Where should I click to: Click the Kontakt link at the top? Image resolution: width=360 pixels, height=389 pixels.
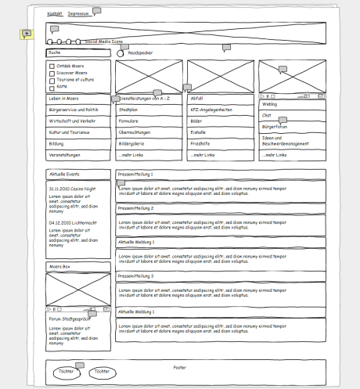tap(55, 14)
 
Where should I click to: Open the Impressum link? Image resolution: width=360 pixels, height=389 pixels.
tap(77, 14)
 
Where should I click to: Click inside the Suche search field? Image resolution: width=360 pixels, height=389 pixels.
tap(77, 52)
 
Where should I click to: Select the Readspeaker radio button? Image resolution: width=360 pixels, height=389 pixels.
tap(121, 53)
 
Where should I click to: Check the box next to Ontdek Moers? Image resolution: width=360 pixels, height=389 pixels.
tap(52, 67)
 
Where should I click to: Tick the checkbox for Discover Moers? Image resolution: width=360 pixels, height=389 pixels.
tap(52, 73)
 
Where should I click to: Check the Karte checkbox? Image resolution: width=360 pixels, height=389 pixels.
tap(52, 85)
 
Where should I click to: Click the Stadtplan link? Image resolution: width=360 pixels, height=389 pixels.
tap(128, 110)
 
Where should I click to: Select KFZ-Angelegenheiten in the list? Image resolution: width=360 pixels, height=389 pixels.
tap(214, 110)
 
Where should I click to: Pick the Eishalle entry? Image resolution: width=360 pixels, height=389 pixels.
tap(199, 133)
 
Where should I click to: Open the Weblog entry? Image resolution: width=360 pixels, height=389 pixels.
tap(270, 103)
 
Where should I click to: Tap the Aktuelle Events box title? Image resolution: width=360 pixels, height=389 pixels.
tap(66, 174)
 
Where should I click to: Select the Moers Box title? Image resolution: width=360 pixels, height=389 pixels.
tap(60, 267)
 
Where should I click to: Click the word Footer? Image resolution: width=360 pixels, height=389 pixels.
tap(181, 366)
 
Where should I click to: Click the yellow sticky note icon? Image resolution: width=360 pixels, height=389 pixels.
tap(26, 34)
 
